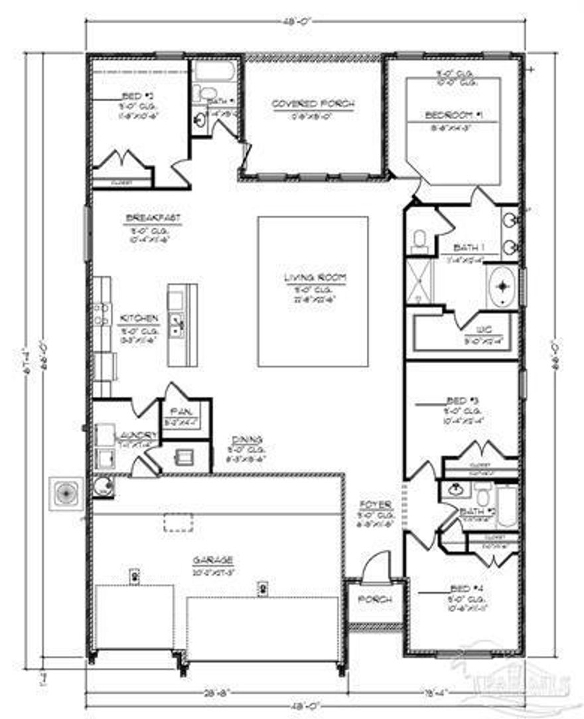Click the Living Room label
313,278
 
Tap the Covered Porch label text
313,104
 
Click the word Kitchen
139,319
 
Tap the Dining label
247,439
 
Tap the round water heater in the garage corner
102,487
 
